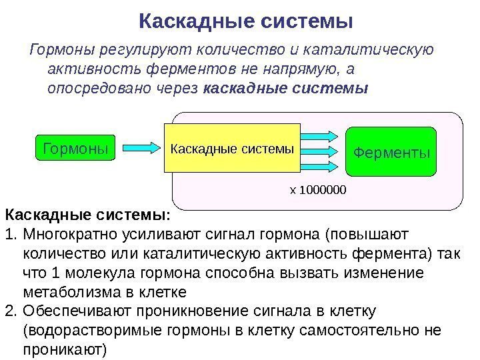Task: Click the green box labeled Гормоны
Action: (x=75, y=146)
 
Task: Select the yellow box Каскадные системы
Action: (x=232, y=148)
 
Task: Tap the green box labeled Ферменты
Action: (x=391, y=153)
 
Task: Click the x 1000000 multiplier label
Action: (x=318, y=191)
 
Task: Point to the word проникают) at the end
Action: (x=64, y=349)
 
